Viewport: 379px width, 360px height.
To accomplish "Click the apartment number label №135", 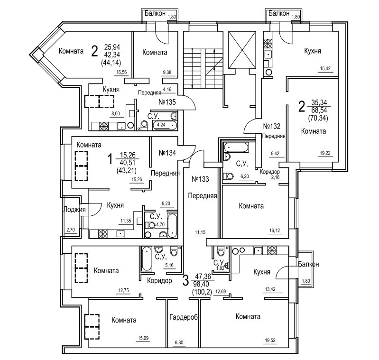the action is pyautogui.click(x=167, y=102).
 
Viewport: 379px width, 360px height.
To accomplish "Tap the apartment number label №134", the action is pyautogui.click(x=167, y=153).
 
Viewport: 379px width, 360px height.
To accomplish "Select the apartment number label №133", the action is pyautogui.click(x=200, y=179).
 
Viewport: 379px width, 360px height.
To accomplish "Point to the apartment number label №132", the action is pyautogui.click(x=271, y=126).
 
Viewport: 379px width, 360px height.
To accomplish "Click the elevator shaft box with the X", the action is pyautogui.click(x=242, y=50).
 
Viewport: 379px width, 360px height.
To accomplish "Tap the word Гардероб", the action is pyautogui.click(x=184, y=317).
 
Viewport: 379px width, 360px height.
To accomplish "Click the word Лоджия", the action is pyautogui.click(x=74, y=209).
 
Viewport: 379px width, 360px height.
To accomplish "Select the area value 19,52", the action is pyautogui.click(x=270, y=340).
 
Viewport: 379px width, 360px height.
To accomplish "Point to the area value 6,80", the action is pyautogui.click(x=179, y=342).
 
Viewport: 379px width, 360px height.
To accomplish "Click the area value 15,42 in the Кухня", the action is pyautogui.click(x=325, y=69).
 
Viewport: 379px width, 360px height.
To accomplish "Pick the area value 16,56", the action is pyautogui.click(x=121, y=72).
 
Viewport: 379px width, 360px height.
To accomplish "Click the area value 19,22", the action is pyautogui.click(x=325, y=153).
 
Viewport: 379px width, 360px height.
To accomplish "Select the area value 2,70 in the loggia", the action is pyautogui.click(x=71, y=230).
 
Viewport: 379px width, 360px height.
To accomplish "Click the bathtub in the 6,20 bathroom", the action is pyautogui.click(x=236, y=148).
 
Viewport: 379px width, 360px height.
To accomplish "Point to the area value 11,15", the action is pyautogui.click(x=200, y=232).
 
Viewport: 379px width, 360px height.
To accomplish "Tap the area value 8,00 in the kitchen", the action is pyautogui.click(x=116, y=113).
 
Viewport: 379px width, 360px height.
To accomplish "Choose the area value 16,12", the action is pyautogui.click(x=275, y=231).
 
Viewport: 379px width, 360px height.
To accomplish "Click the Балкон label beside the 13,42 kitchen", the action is pyautogui.click(x=308, y=264).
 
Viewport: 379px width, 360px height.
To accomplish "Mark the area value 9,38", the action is pyautogui.click(x=167, y=72).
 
